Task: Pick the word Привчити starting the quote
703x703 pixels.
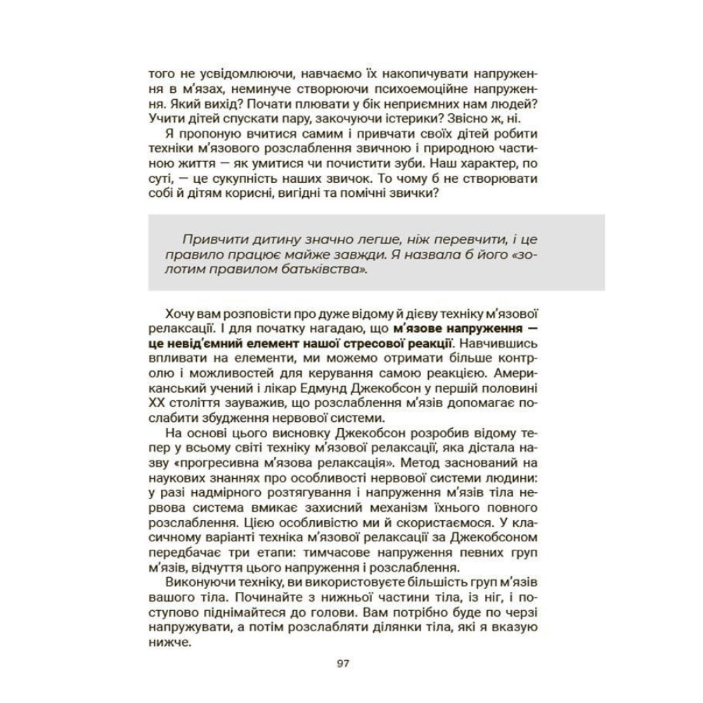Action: [x=196, y=238]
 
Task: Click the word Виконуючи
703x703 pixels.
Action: [x=192, y=586]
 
